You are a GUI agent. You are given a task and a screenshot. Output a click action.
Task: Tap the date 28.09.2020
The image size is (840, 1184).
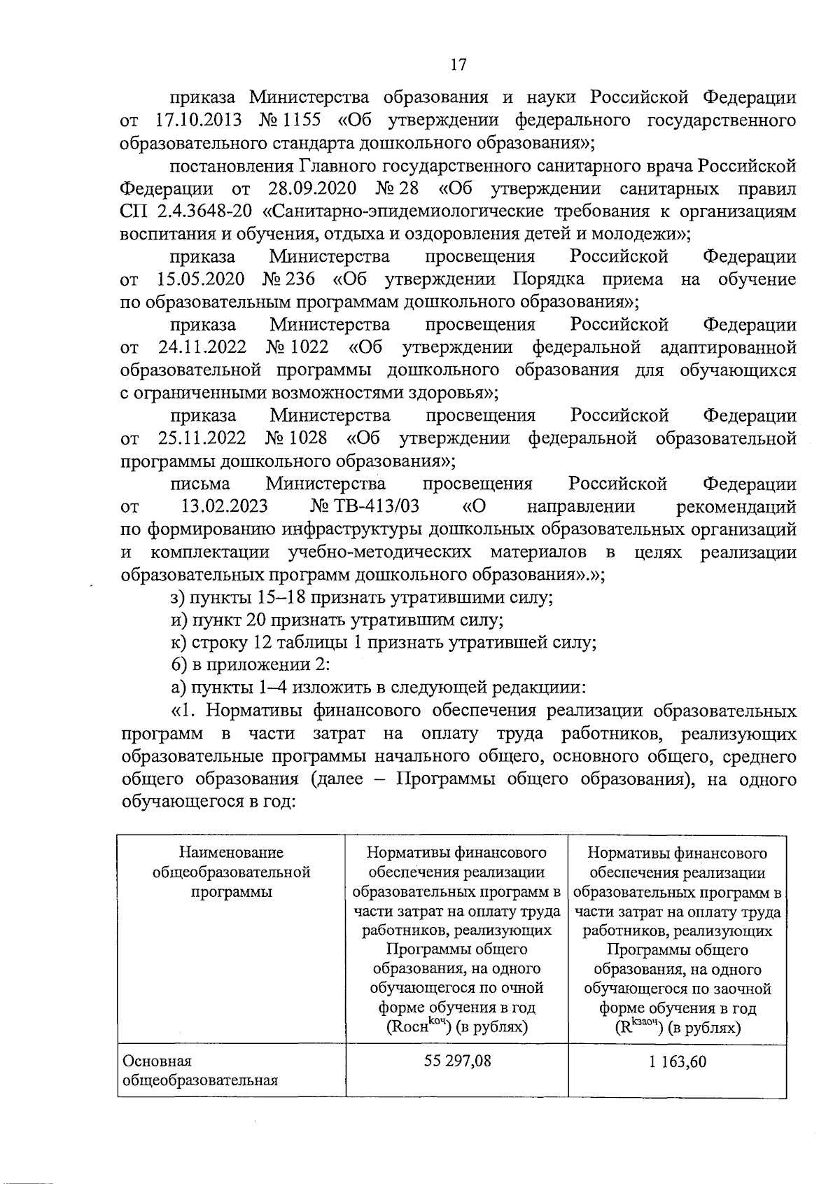click(x=311, y=188)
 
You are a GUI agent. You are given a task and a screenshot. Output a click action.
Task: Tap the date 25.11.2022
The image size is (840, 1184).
click(x=202, y=438)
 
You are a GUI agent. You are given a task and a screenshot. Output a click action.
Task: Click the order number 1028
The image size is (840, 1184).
click(x=306, y=438)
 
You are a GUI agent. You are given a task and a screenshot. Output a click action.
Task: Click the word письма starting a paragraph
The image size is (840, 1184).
click(x=200, y=484)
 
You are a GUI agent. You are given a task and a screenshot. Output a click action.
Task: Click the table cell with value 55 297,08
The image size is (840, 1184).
click(x=457, y=1061)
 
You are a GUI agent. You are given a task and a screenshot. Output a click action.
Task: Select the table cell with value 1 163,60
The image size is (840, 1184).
click(x=677, y=1061)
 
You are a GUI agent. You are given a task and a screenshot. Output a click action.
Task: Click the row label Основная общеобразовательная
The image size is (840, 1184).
click(x=199, y=1070)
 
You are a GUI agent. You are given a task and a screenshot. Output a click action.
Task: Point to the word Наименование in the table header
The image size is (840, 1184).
click(x=231, y=853)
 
